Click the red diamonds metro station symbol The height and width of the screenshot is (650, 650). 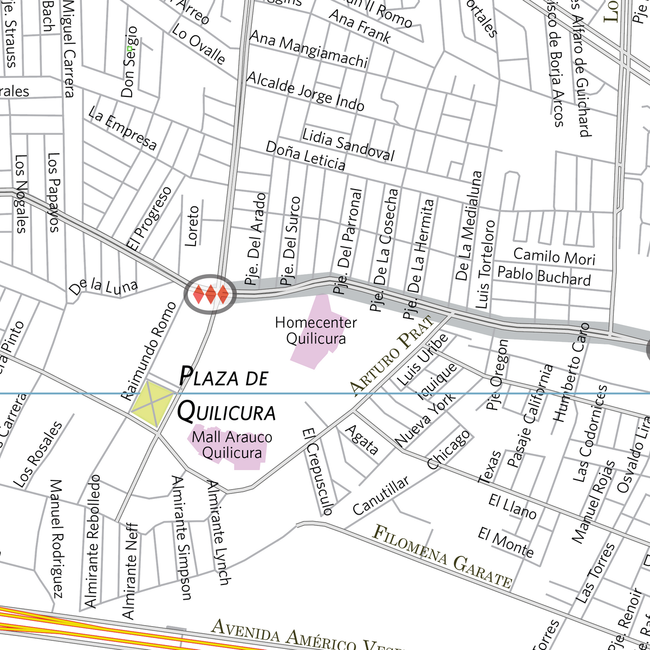[x=211, y=294]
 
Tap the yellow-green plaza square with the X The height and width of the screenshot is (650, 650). [x=153, y=404]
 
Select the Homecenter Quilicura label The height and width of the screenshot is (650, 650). [x=316, y=330]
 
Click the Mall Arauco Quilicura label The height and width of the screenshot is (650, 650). [x=232, y=445]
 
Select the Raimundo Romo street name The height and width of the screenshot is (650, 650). [x=149, y=351]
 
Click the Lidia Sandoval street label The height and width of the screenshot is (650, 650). [x=348, y=145]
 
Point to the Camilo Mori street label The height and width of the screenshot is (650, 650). [x=554, y=256]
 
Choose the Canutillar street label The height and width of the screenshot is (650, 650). [x=381, y=496]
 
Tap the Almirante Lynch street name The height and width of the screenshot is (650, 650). [x=219, y=533]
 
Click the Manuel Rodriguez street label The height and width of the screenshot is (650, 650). [x=57, y=538]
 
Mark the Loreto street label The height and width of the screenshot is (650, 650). [x=192, y=226]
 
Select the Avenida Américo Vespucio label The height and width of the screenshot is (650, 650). [x=309, y=637]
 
